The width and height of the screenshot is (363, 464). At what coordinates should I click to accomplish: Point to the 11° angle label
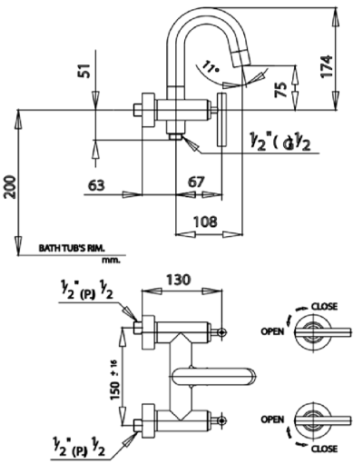tap(212, 66)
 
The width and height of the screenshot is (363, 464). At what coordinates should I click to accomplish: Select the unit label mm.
tap(112, 258)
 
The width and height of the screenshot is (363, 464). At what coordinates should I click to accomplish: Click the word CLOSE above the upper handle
tap(324, 306)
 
